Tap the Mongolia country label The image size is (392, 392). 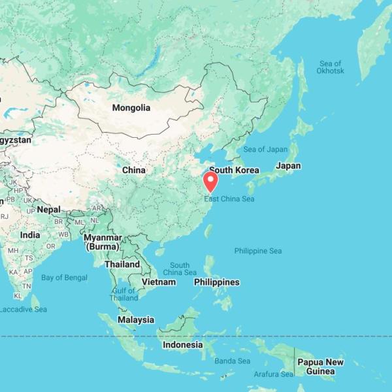click(x=131, y=108)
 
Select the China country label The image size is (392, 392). click(x=134, y=170)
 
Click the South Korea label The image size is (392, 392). click(x=234, y=170)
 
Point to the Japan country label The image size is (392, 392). click(x=288, y=166)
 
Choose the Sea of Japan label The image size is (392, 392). click(x=265, y=150)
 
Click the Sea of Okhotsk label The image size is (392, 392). click(x=331, y=67)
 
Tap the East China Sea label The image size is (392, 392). click(x=229, y=199)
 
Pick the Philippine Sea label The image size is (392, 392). click(x=258, y=251)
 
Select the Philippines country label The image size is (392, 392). click(x=216, y=282)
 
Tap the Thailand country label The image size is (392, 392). click(x=122, y=265)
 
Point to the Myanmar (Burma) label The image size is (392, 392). click(x=103, y=242)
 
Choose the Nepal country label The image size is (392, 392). click(x=48, y=210)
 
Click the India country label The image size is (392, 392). click(x=30, y=235)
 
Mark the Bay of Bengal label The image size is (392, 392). click(x=64, y=278)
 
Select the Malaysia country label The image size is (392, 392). click(x=136, y=320)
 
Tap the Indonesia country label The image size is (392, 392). click(x=182, y=345)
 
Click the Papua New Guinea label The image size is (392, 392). click(x=320, y=367)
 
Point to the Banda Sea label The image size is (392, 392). click(x=233, y=361)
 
